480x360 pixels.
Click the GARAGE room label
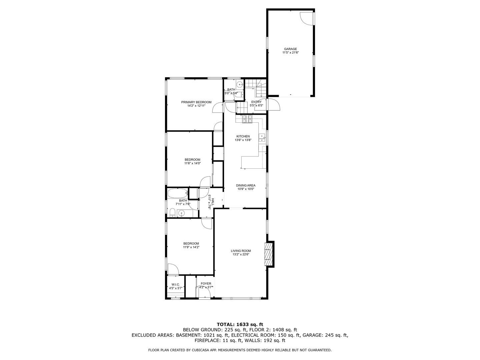pyautogui.click(x=290, y=49)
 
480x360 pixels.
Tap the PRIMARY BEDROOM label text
pyautogui.click(x=196, y=102)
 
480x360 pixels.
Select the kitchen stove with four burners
pyautogui.click(x=247, y=119)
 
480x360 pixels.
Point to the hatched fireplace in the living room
pyautogui.click(x=268, y=254)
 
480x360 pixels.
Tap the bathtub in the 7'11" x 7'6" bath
pyautogui.click(x=177, y=193)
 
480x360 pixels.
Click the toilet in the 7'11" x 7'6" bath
pyautogui.click(x=172, y=212)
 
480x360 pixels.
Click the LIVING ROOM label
pyautogui.click(x=241, y=251)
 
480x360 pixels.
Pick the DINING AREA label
pyautogui.click(x=246, y=185)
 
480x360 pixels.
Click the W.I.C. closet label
pyautogui.click(x=175, y=284)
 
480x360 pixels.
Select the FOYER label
pyautogui.click(x=206, y=284)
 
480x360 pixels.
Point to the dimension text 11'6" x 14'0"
pyautogui.click(x=193, y=163)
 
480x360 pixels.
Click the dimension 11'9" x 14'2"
pyautogui.click(x=191, y=247)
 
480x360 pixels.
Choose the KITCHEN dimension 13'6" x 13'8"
pyautogui.click(x=243, y=140)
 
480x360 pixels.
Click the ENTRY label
pyautogui.click(x=256, y=102)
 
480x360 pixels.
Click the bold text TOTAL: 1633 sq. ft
pyautogui.click(x=240, y=324)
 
